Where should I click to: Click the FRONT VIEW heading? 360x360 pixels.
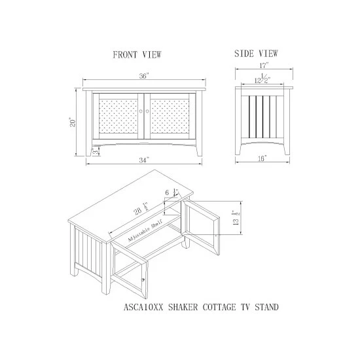137,54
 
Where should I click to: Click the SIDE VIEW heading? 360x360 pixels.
256,54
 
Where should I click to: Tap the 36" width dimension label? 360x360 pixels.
144,76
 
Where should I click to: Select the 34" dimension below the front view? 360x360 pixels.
144,160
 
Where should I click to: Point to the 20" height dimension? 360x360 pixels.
73,123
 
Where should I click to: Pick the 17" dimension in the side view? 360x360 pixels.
264,65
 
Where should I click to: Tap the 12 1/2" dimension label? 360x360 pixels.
262,79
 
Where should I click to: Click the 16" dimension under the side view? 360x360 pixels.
262,158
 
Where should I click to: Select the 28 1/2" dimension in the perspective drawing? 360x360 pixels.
141,209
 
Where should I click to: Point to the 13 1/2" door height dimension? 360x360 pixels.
236,218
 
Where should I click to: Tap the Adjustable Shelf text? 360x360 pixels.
145,230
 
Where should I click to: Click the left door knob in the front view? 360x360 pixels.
141,111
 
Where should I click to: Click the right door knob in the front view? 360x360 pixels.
147,111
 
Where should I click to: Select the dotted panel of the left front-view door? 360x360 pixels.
118,117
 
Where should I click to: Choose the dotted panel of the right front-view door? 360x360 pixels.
170,117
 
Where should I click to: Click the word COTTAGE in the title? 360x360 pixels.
219,307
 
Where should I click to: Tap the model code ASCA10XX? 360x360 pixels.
143,307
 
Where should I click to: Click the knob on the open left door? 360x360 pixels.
143,279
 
